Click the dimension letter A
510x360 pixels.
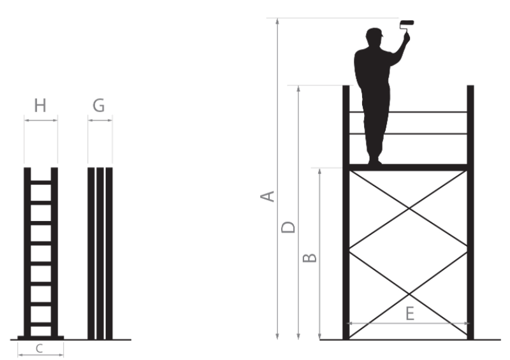[x=268, y=196]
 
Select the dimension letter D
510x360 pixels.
[x=288, y=227]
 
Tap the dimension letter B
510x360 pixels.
[x=310, y=257]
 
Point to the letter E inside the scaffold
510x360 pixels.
[x=410, y=314]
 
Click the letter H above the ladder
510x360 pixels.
[x=40, y=106]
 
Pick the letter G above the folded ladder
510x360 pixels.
[x=99, y=106]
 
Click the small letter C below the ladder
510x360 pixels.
[x=40, y=349]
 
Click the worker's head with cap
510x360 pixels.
[x=375, y=36]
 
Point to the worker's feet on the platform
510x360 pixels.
[x=375, y=161]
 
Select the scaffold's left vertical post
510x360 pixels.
[x=346, y=212]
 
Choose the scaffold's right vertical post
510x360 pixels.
[x=470, y=212]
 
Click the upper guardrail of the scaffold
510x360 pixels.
[x=408, y=112]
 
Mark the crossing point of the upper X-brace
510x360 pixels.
[x=409, y=208]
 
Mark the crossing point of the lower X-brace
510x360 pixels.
[x=409, y=294]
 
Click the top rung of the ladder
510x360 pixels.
[x=41, y=182]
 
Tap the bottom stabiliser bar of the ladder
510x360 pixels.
[x=41, y=338]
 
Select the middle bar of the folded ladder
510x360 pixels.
[x=100, y=254]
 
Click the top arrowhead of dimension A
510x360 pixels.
[x=277, y=22]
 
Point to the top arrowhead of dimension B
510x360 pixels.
[x=320, y=171]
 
